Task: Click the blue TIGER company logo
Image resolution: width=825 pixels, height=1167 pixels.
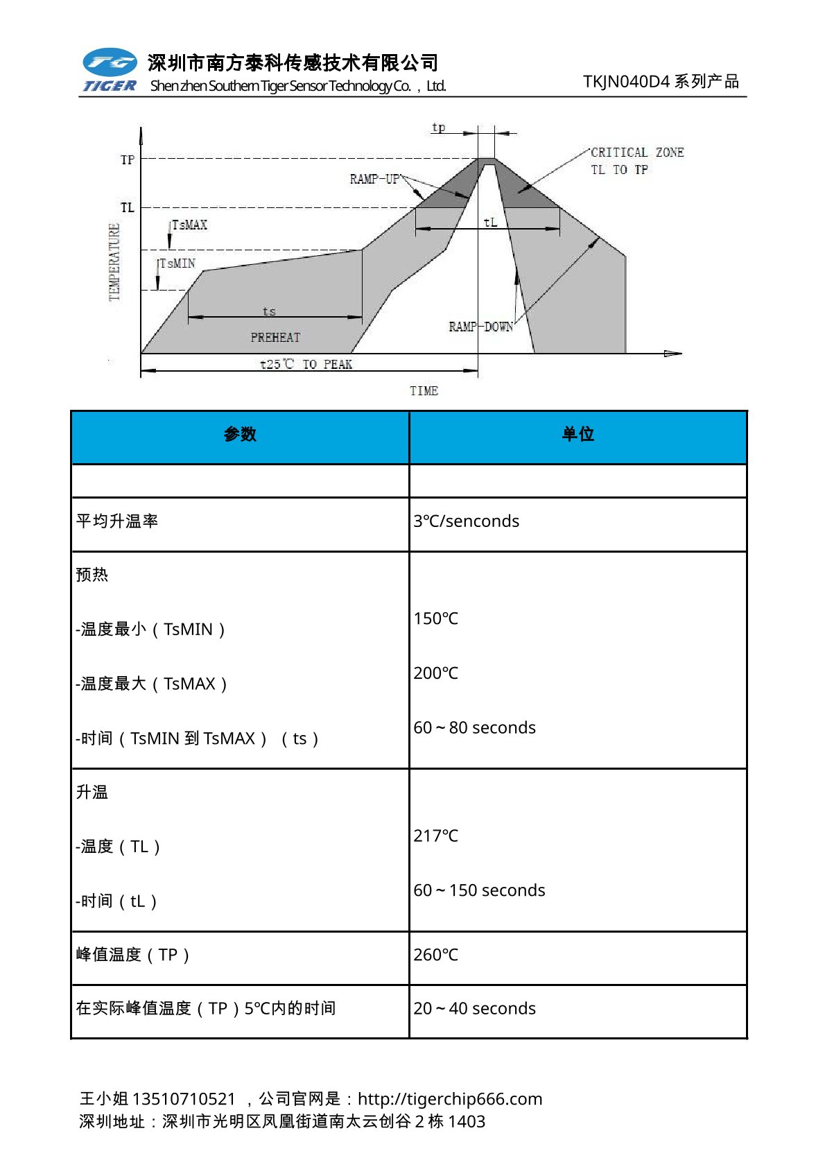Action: (x=110, y=70)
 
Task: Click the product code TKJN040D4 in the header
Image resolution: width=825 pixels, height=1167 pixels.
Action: (x=626, y=82)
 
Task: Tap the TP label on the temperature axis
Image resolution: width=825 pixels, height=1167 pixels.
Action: (x=128, y=159)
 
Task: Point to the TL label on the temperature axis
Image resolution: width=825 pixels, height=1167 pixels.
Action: (x=128, y=207)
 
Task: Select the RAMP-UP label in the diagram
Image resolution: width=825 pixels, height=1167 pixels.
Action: (x=374, y=179)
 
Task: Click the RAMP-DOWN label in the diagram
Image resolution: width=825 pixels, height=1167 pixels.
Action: (x=480, y=327)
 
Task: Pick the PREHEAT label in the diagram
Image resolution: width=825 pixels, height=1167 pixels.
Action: (x=275, y=338)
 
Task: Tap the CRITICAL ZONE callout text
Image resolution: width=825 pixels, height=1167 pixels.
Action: (x=636, y=153)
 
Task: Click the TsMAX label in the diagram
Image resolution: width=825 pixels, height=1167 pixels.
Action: (x=189, y=225)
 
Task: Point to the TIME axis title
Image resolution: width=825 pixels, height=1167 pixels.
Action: (x=424, y=391)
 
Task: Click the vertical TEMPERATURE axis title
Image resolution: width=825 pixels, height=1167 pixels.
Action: (x=114, y=262)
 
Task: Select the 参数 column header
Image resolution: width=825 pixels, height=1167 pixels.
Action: (x=240, y=435)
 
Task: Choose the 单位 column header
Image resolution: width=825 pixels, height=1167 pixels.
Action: (x=577, y=435)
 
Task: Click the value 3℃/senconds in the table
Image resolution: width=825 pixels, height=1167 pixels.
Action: (x=466, y=521)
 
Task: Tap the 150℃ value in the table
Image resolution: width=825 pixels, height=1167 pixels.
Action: (x=435, y=619)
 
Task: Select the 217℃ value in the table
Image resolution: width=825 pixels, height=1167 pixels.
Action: (x=435, y=836)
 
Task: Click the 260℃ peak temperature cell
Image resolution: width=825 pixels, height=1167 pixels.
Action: (x=435, y=955)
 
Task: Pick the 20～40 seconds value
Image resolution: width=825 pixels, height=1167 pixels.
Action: (x=474, y=1008)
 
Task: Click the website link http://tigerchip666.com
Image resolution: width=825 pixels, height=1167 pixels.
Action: (x=450, y=1099)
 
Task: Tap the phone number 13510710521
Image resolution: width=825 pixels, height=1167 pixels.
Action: (x=184, y=1099)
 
